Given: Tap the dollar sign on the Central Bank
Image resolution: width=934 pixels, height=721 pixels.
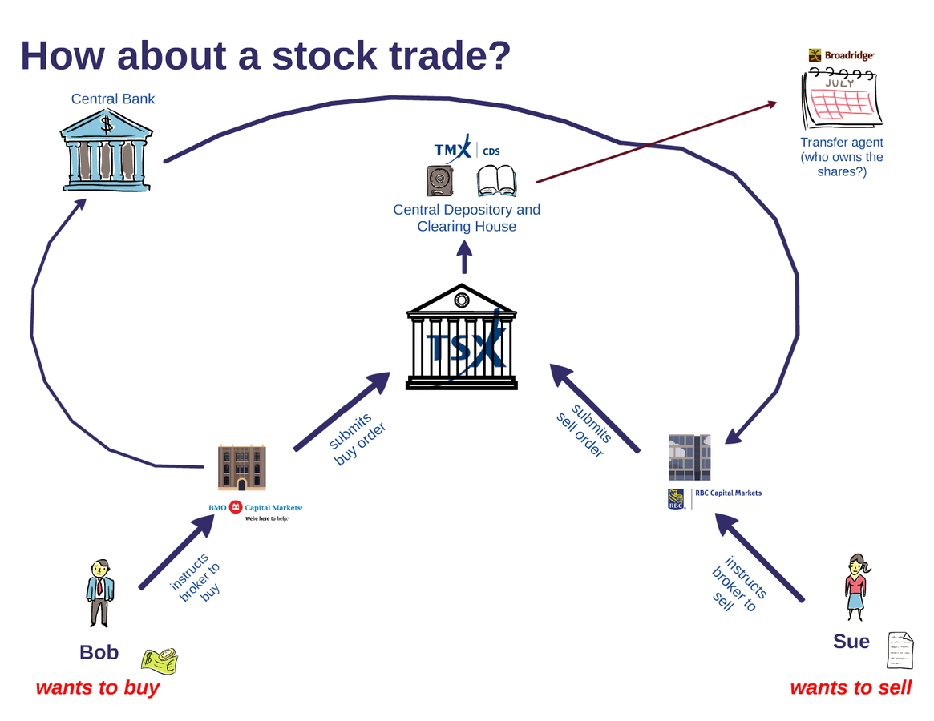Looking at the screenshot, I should tap(107, 123).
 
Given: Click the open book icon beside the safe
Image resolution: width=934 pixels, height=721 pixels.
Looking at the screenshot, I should tap(497, 181).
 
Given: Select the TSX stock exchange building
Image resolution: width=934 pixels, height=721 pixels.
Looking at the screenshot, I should tap(461, 340).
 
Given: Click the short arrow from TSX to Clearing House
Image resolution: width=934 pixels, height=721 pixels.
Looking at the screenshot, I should tap(464, 258).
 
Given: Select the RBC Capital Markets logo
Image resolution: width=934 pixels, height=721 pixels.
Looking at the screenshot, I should tap(714, 497).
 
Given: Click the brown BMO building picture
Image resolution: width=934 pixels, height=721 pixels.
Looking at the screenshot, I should tap(242, 468).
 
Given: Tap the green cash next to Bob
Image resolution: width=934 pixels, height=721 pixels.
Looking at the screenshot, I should tap(160, 659).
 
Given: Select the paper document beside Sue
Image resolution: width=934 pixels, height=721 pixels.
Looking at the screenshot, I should tap(900, 650).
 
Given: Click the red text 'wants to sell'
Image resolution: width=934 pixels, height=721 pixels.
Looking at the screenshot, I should tap(851, 687).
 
